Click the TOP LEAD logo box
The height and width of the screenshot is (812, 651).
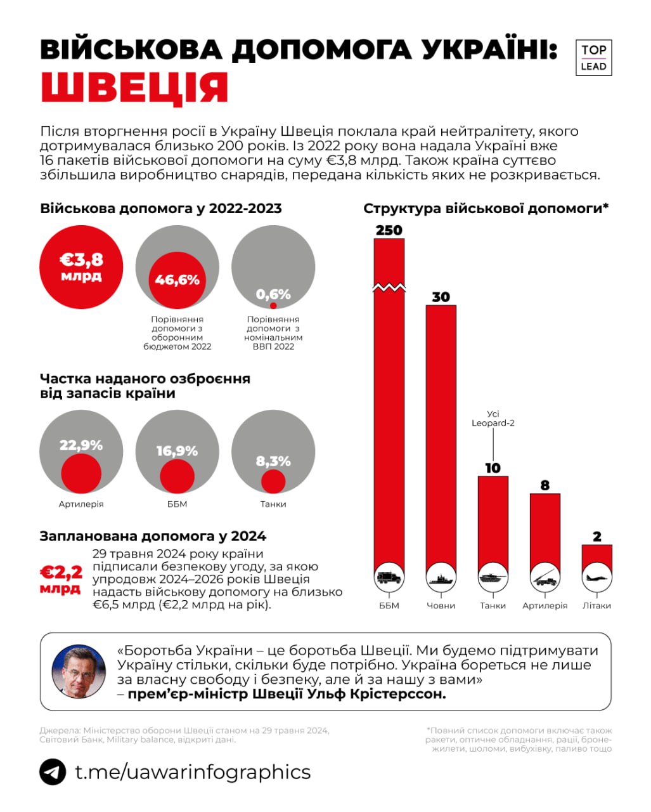593,58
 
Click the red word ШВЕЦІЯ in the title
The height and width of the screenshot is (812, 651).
134,88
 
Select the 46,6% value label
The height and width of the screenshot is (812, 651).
177,280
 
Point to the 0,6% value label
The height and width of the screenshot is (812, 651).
273,294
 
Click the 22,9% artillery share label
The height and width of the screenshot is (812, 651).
81,445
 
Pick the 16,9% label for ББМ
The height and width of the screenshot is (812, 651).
177,451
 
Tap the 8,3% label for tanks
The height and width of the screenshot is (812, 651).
273,461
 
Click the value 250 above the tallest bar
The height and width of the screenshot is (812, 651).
389,230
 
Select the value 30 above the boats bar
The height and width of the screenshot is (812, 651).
441,297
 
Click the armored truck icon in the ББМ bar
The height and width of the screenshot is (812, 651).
389,577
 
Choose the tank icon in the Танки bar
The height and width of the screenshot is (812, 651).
493,577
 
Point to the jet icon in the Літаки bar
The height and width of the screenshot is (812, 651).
596,577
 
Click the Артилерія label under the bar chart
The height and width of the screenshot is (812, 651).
545,606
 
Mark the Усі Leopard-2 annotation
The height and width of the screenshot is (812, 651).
493,418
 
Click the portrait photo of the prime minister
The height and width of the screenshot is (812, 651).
79,671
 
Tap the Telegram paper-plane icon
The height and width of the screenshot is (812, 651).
53,772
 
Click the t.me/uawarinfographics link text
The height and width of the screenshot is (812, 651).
193,772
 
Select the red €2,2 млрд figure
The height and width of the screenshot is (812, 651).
61,580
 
